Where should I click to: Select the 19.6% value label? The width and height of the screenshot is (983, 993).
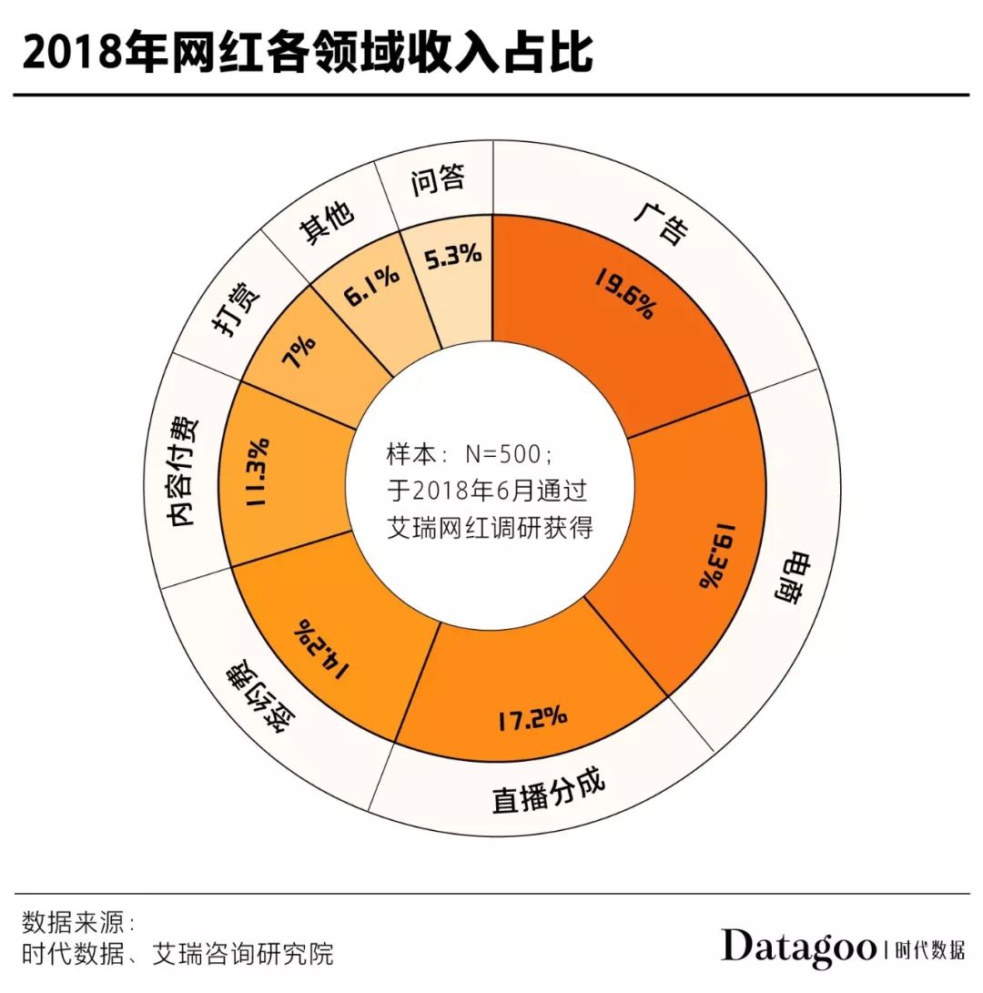(625, 292)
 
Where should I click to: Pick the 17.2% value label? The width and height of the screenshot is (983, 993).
(532, 719)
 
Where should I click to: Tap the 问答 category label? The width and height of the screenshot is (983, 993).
(438, 180)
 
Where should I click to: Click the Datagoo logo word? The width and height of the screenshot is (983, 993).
(799, 947)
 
